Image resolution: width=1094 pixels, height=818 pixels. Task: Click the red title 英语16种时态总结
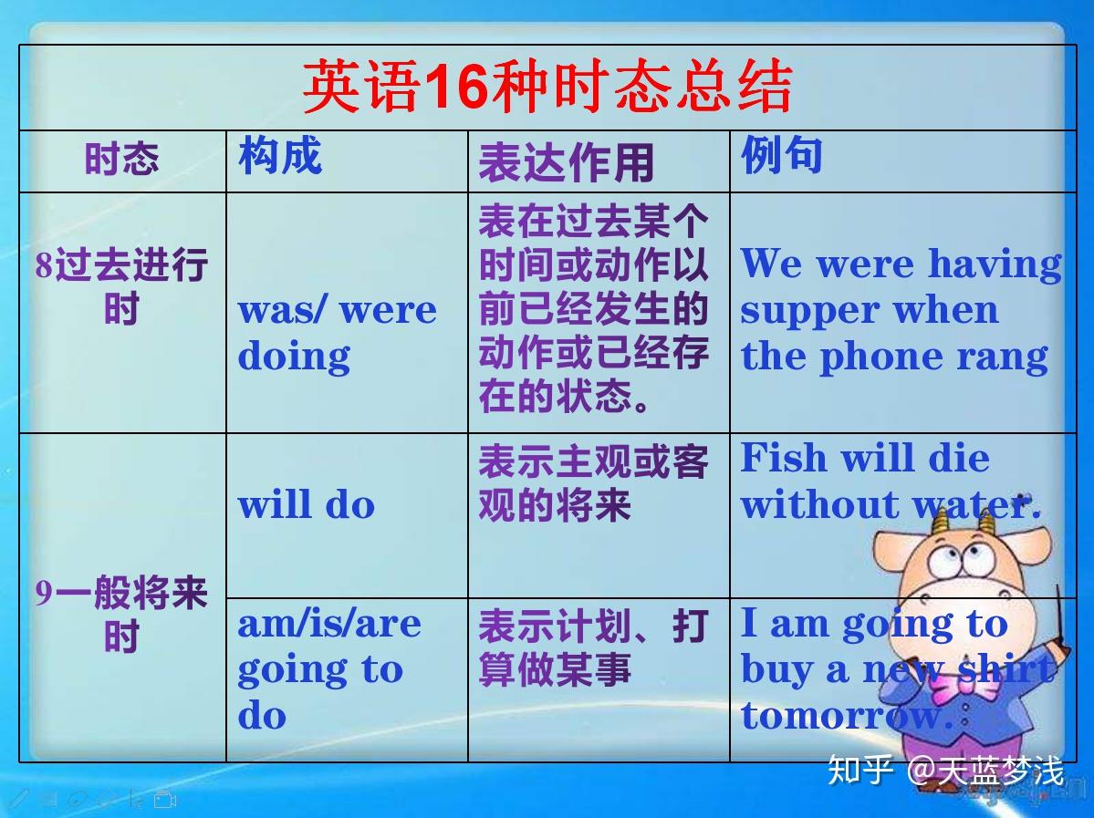tap(547, 87)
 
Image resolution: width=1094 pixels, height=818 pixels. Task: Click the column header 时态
tap(122, 159)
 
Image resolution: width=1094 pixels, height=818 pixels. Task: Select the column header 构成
tap(280, 155)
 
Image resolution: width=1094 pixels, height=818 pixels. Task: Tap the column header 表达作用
tap(566, 162)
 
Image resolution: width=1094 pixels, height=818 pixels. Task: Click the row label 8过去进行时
tap(122, 286)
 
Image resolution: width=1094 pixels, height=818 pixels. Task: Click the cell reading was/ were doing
tap(337, 333)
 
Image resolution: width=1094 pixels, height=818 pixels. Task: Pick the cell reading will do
tap(307, 504)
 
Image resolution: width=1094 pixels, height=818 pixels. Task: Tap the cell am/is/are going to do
tap(329, 668)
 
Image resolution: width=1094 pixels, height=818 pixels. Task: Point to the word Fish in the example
tap(784, 458)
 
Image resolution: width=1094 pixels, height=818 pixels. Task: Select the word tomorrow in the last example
tap(847, 716)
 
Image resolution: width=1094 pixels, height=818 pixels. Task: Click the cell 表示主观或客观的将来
tap(593, 482)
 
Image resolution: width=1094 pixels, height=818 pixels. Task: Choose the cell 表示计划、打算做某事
tap(593, 647)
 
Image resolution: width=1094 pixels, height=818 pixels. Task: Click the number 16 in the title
tap(455, 87)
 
